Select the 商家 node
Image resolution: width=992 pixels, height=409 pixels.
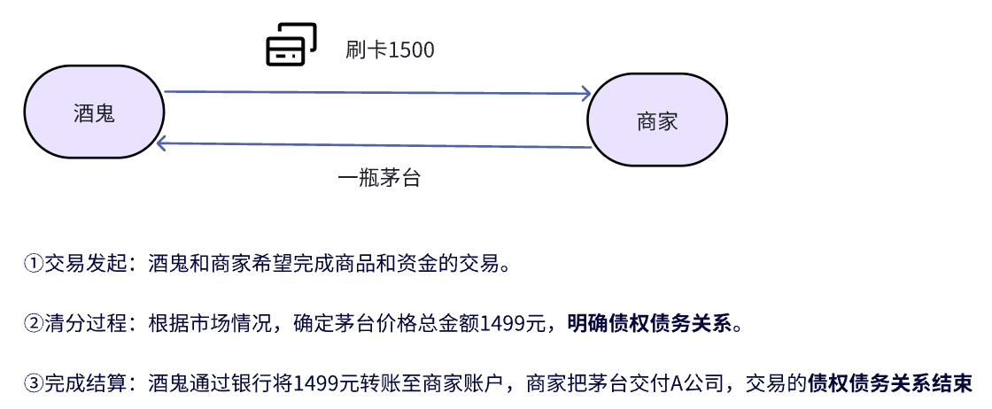(x=657, y=121)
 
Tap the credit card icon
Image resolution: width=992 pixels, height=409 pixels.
(x=291, y=44)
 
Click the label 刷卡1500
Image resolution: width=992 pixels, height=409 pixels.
(x=390, y=50)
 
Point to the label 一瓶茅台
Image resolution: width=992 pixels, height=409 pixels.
(x=379, y=178)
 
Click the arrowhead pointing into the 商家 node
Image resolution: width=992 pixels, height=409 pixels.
(x=585, y=93)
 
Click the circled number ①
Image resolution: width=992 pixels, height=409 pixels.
(x=33, y=264)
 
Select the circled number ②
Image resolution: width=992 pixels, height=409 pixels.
(x=33, y=323)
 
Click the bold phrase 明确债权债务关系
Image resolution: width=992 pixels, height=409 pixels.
(x=651, y=323)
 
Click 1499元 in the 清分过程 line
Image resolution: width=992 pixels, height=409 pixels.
(x=513, y=323)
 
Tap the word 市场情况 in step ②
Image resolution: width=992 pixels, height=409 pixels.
(x=240, y=323)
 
